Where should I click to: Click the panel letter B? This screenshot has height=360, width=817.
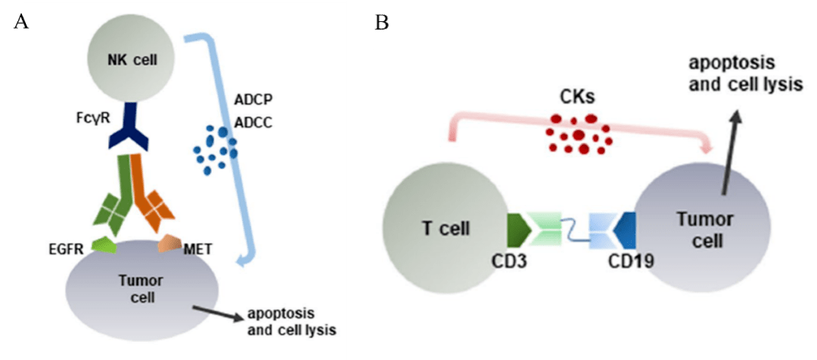coord(382,23)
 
